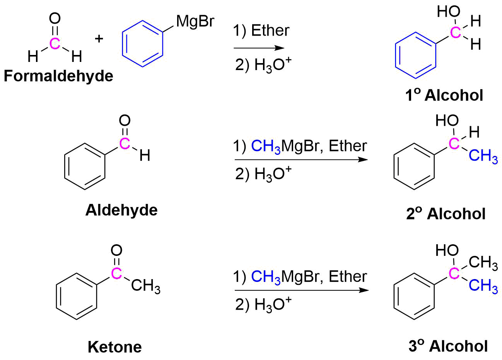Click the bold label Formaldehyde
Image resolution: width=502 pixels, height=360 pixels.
[x=58, y=76]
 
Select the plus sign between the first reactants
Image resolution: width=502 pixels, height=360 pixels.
[x=99, y=39]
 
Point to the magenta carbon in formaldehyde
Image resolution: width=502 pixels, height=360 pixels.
[x=55, y=44]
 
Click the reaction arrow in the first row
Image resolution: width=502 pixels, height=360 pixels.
[x=259, y=48]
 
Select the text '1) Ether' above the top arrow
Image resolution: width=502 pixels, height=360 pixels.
[x=261, y=31]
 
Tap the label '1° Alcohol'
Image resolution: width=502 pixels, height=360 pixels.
[x=444, y=95]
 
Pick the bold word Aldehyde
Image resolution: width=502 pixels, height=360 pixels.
[x=121, y=210]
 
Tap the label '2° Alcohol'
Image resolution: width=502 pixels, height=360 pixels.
[x=446, y=214]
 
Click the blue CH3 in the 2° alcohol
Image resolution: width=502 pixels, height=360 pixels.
[x=483, y=156]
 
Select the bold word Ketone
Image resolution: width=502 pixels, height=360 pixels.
[x=114, y=347]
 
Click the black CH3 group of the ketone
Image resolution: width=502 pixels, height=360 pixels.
[x=145, y=287]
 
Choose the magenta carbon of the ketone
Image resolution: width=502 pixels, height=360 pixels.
[x=116, y=273]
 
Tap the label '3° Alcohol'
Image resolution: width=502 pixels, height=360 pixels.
[x=448, y=346]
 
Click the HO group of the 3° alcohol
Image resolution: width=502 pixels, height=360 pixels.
[x=447, y=250]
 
